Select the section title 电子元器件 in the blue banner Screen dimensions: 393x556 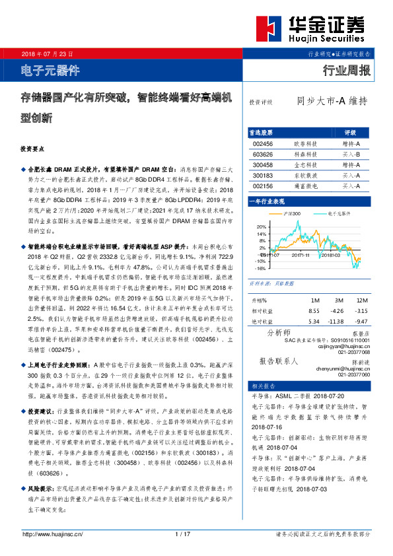pyautogui.click(x=50, y=69)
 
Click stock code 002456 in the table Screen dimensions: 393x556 pyautogui.click(x=263, y=143)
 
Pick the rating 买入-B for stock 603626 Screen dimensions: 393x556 pyautogui.click(x=351, y=153)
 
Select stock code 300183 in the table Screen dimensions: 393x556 pyautogui.click(x=263, y=176)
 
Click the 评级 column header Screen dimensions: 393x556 pyautogui.click(x=351, y=132)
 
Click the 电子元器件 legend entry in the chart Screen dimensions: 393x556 pyautogui.click(x=341, y=215)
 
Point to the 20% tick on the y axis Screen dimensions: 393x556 pyautogui.click(x=262, y=226)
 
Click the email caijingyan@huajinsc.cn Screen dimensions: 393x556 pyautogui.click(x=346, y=346)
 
